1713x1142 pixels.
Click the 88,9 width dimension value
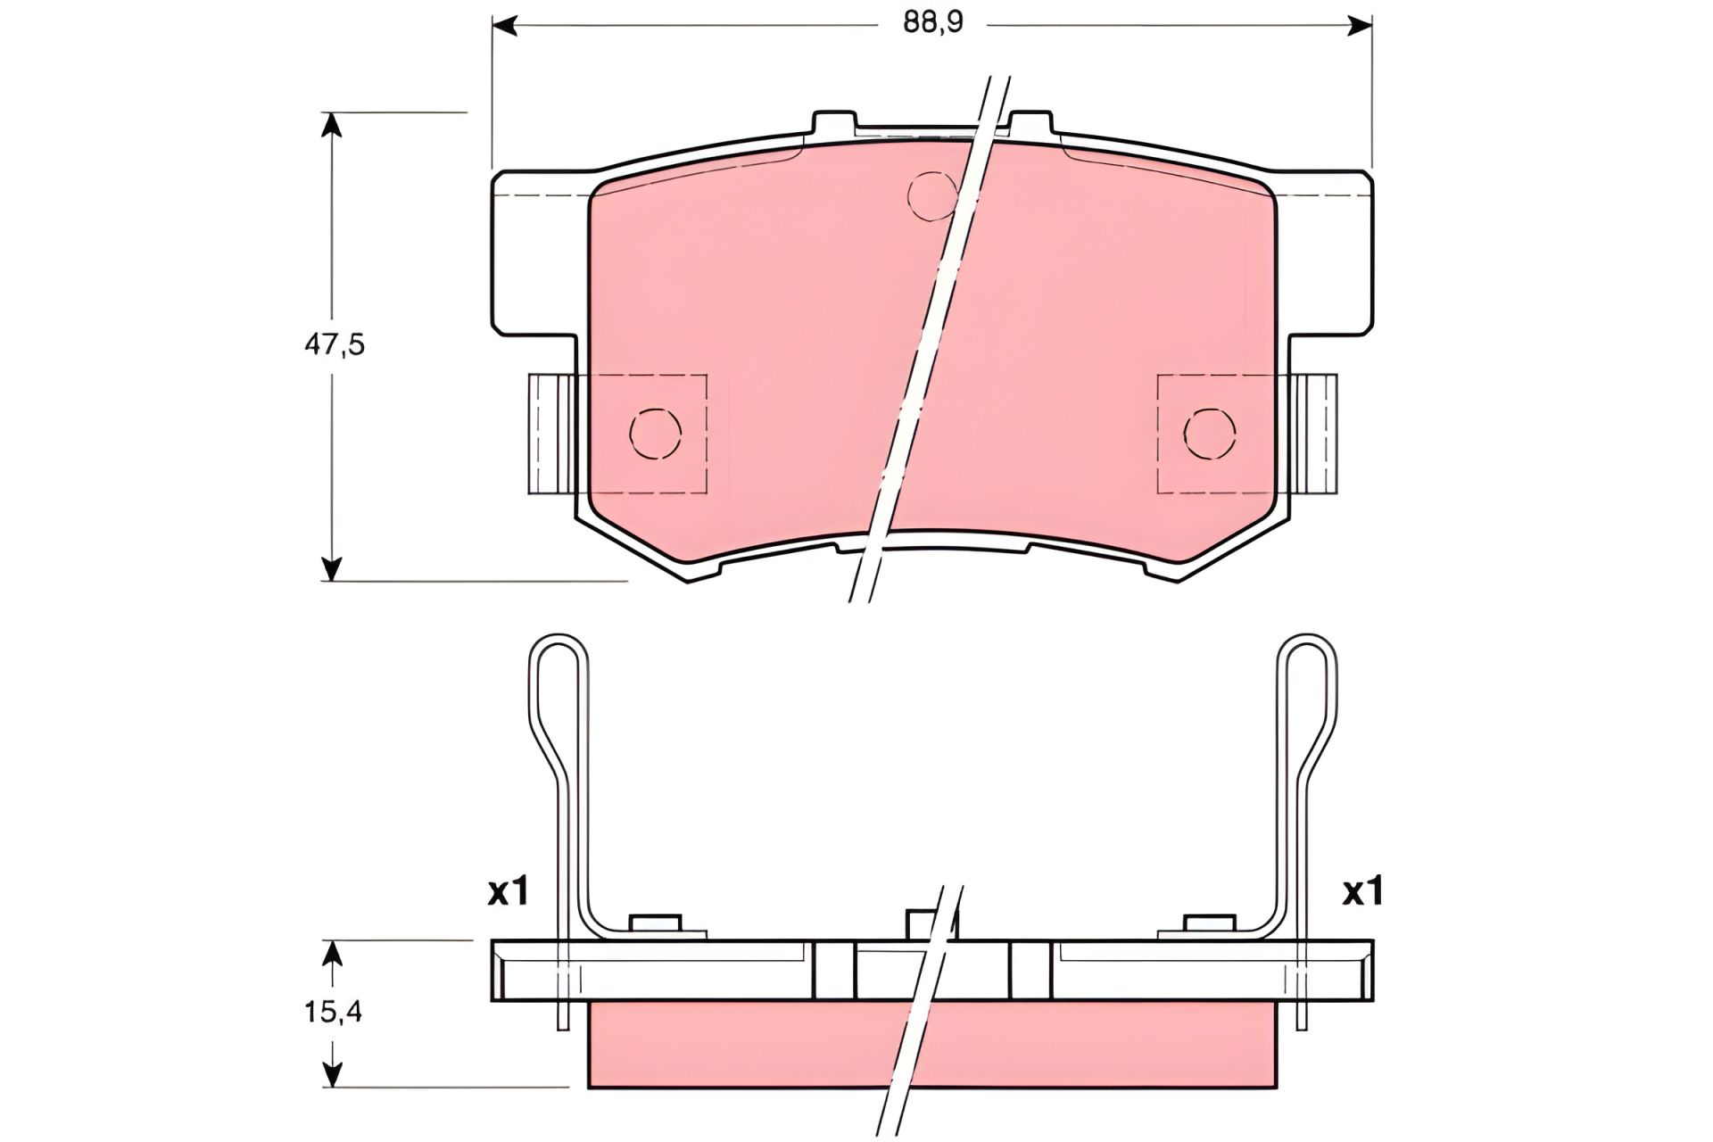932,22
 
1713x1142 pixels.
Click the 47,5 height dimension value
335,345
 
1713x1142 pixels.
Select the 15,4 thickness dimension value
332,1012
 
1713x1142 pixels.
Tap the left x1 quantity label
509,891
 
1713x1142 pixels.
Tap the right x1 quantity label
1362,891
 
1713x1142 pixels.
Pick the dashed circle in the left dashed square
655,434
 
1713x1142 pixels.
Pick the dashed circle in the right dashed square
1210,434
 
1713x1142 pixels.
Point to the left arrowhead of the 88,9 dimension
504,25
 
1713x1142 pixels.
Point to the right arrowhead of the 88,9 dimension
1359,25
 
